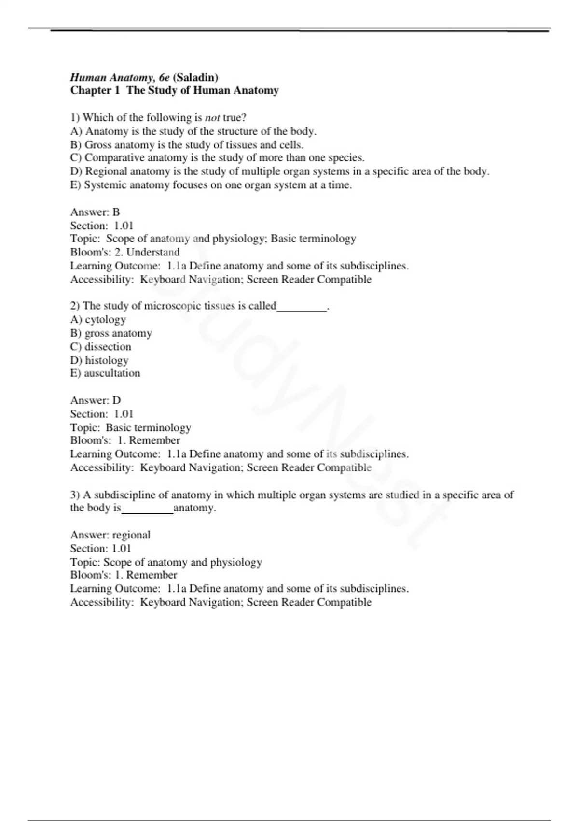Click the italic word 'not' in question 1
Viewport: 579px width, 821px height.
pyautogui.click(x=212, y=118)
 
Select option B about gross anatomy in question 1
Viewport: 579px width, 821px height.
pyautogui.click(x=187, y=145)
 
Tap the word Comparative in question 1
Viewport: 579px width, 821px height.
pyautogui.click(x=114, y=158)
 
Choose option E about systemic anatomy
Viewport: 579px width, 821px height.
pyautogui.click(x=211, y=185)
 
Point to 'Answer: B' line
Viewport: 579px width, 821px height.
pyautogui.click(x=95, y=212)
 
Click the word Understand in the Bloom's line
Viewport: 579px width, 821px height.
pyautogui.click(x=153, y=252)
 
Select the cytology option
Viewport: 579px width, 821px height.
pyautogui.click(x=98, y=319)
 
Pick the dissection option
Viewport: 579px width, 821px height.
pyautogui.click(x=101, y=347)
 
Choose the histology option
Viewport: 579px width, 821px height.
pyautogui.click(x=99, y=360)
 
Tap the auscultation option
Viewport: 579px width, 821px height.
pyautogui.click(x=105, y=373)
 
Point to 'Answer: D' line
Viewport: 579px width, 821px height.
pyautogui.click(x=96, y=400)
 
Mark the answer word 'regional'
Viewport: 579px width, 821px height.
pyautogui.click(x=131, y=535)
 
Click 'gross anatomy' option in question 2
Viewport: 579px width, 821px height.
pyautogui.click(x=111, y=333)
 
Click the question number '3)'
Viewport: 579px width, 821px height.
pyautogui.click(x=75, y=495)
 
